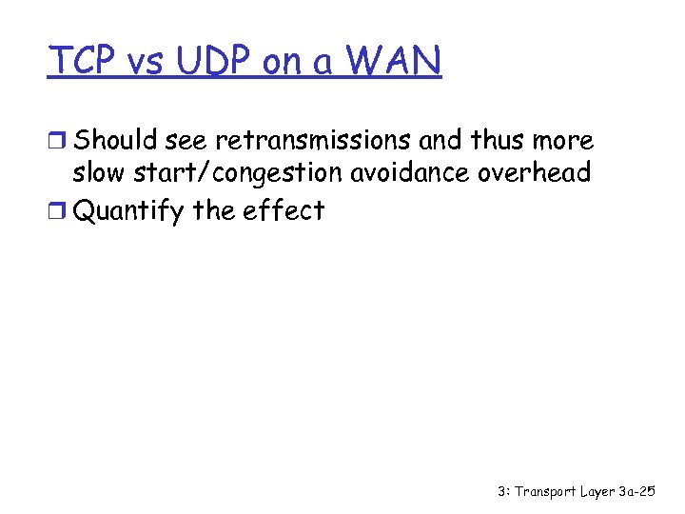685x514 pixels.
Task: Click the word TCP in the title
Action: pyautogui.click(x=83, y=62)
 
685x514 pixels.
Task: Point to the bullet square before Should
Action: pyautogui.click(x=59, y=142)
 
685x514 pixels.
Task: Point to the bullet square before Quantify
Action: pyautogui.click(x=59, y=210)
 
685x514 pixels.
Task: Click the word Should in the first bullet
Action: pyautogui.click(x=115, y=141)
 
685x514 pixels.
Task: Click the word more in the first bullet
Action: pyautogui.click(x=563, y=141)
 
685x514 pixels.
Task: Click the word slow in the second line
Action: pyautogui.click(x=98, y=174)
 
